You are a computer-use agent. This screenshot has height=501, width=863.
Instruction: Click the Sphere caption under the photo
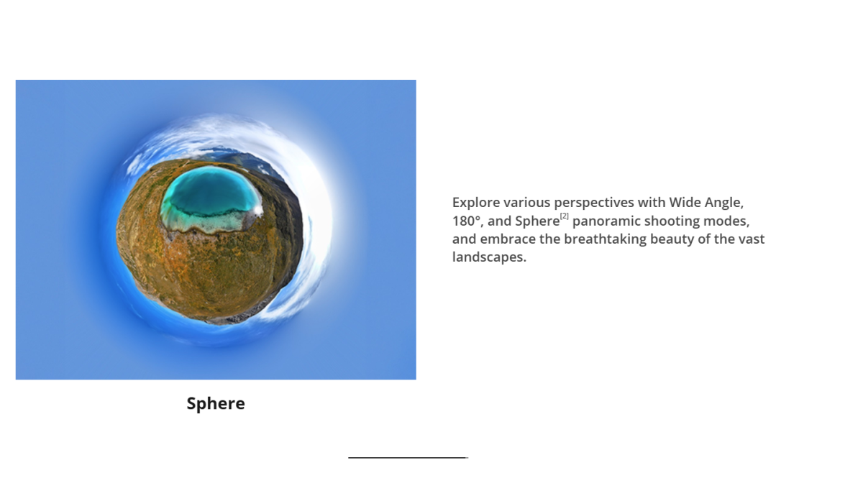[x=216, y=403]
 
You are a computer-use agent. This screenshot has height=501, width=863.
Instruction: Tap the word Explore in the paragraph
[x=476, y=203]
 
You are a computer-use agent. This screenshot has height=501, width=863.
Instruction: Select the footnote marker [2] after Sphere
[x=565, y=216]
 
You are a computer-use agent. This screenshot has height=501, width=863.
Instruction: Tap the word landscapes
[x=489, y=257]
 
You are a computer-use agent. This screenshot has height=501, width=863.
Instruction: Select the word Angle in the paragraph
[x=723, y=203]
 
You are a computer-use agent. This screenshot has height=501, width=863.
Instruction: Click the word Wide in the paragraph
[x=685, y=203]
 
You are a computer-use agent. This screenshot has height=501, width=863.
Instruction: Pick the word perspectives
[x=594, y=203]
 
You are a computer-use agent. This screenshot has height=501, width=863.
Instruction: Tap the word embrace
[x=508, y=239]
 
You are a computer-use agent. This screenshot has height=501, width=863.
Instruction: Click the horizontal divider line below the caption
[x=408, y=457]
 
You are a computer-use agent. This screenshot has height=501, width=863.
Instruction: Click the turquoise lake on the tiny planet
[x=210, y=193]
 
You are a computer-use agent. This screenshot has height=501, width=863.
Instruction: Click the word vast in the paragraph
[x=752, y=239]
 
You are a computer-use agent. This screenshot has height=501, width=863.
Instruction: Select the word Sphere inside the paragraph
[x=537, y=221]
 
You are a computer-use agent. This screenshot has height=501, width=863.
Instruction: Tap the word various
[x=526, y=203]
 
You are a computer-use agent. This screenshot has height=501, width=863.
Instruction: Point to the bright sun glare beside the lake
[x=257, y=210]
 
